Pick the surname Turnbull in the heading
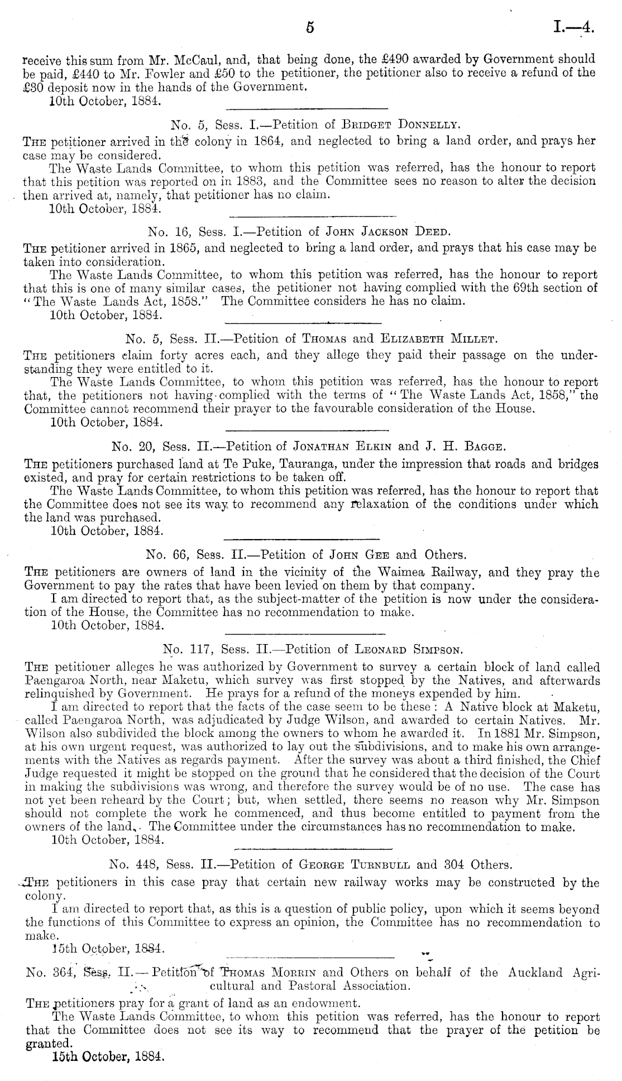(380, 865)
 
